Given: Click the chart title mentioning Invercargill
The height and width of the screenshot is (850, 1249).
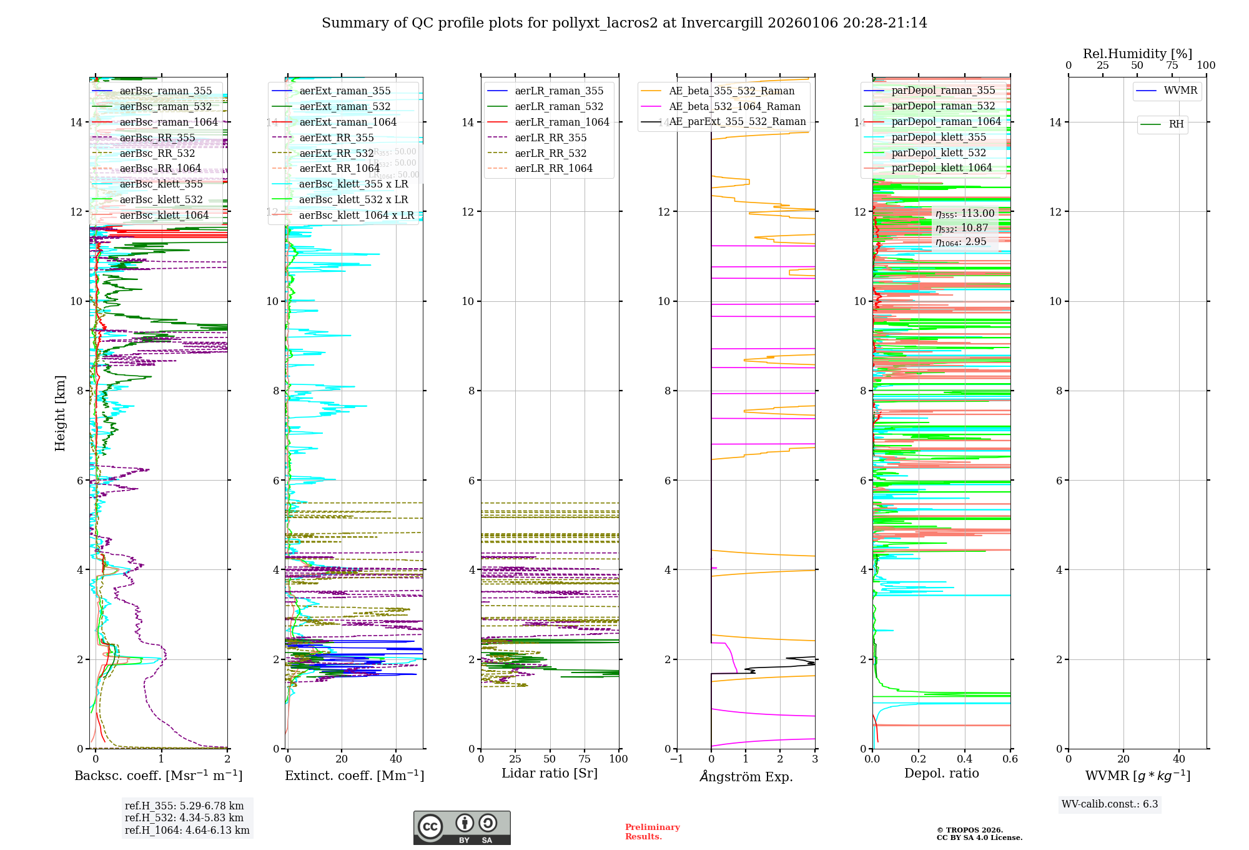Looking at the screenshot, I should pyautogui.click(x=624, y=23).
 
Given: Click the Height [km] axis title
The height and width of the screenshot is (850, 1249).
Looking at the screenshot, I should pyautogui.click(x=60, y=412).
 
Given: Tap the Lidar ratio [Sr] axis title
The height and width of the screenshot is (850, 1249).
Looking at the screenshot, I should pyautogui.click(x=550, y=773).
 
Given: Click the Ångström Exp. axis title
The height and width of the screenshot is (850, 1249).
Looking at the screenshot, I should pyautogui.click(x=746, y=776).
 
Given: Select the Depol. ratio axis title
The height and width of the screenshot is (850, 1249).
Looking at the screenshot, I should pyautogui.click(x=941, y=773).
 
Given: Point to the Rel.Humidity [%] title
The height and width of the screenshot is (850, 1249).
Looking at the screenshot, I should pyautogui.click(x=1137, y=54).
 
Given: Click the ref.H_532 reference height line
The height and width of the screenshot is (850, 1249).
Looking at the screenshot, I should pyautogui.click(x=184, y=817).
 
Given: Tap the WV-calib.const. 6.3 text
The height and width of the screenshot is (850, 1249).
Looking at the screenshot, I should pyautogui.click(x=1110, y=804).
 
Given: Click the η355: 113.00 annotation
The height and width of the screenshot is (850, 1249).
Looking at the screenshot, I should pyautogui.click(x=965, y=214).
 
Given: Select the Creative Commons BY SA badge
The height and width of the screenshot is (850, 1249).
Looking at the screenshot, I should pyautogui.click(x=462, y=827).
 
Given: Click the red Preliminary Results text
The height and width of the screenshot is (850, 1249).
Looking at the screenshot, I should pyautogui.click(x=652, y=832).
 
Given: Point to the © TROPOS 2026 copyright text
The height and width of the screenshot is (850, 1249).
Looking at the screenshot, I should pyautogui.click(x=969, y=830).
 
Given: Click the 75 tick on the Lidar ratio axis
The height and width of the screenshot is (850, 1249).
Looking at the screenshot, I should pyautogui.click(x=585, y=759).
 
